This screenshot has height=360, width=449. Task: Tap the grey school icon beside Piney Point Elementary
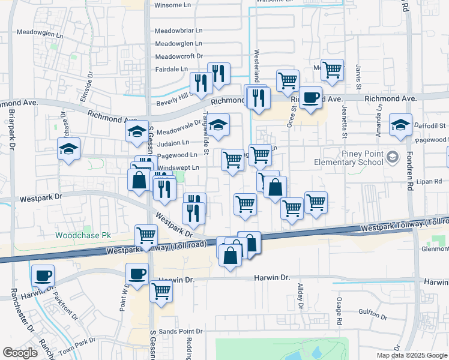[x=393, y=158]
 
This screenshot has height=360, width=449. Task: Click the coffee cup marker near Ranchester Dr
[x=43, y=275]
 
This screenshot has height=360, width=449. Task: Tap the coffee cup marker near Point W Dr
[x=137, y=274]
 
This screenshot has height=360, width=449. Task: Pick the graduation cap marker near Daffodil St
[x=400, y=124]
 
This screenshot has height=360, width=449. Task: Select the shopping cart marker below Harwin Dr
[x=161, y=291]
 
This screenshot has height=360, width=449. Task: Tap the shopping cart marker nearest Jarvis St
[x=331, y=70]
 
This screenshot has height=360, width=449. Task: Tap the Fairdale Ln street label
[x=171, y=69]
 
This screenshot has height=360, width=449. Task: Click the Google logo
[x=20, y=353]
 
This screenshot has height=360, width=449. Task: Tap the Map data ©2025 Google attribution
[x=411, y=355]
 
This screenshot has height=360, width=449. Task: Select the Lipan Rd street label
[x=424, y=180]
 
